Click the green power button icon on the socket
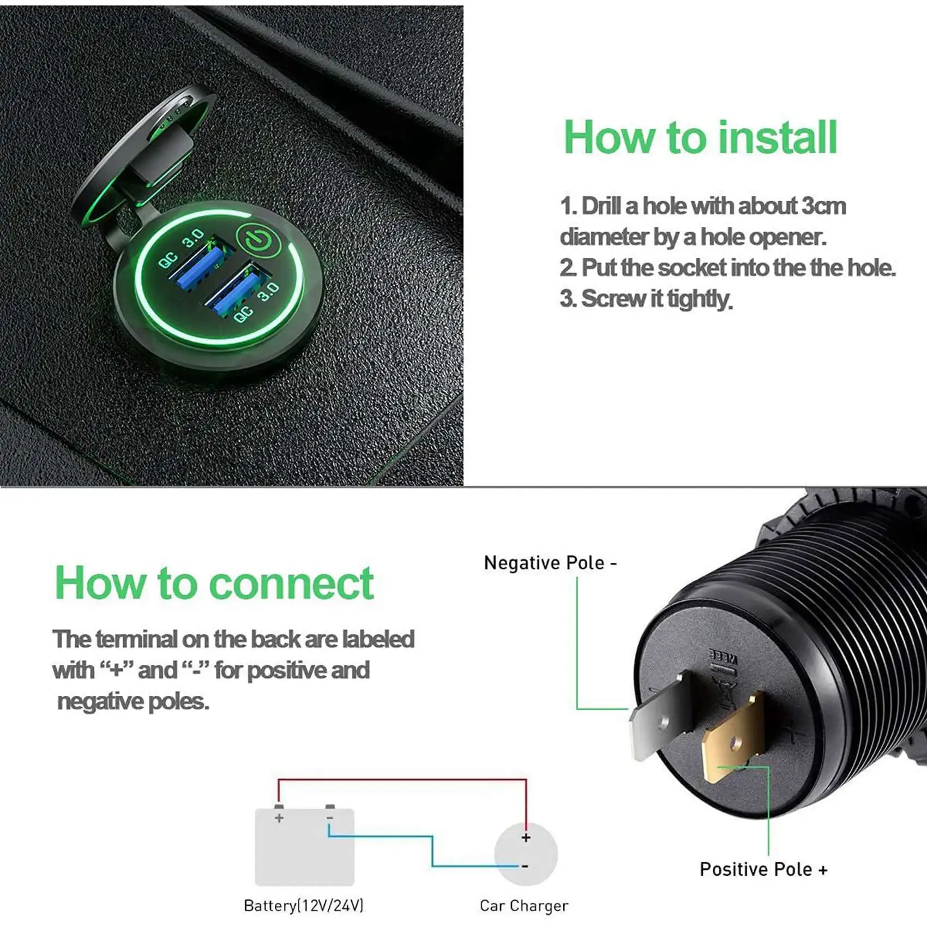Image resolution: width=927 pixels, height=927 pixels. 258,240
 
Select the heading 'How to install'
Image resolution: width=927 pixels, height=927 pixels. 700,137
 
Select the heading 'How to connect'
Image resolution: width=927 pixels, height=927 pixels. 214,583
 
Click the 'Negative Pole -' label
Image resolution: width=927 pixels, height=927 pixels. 550,563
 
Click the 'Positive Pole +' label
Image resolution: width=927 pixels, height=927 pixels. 763,869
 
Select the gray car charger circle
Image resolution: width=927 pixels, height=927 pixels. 526,853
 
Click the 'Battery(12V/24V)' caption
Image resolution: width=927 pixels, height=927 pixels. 303,906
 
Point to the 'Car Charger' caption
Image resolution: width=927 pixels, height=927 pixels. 523,906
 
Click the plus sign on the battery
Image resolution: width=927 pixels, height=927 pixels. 279,818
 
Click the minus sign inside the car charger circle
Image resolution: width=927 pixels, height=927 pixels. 525,866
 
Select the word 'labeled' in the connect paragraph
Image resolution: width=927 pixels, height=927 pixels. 378,639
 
